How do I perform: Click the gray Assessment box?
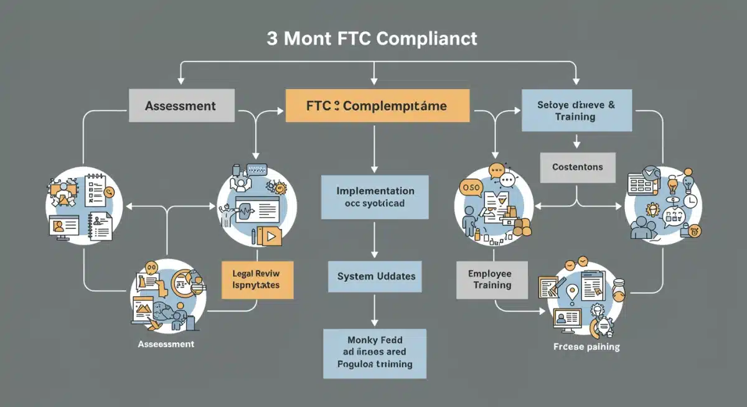tap(182, 105)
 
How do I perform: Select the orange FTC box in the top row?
tap(377, 105)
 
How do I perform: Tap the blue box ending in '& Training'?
tap(576, 111)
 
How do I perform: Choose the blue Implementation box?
tap(375, 197)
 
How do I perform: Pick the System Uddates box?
tap(375, 276)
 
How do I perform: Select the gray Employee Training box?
tap(492, 279)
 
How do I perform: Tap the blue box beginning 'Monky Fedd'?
tap(375, 353)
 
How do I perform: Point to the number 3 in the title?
tap(272, 39)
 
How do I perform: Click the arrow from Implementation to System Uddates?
tap(374, 240)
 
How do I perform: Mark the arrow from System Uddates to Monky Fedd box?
tap(374, 311)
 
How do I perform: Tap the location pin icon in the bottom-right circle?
tap(571, 291)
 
